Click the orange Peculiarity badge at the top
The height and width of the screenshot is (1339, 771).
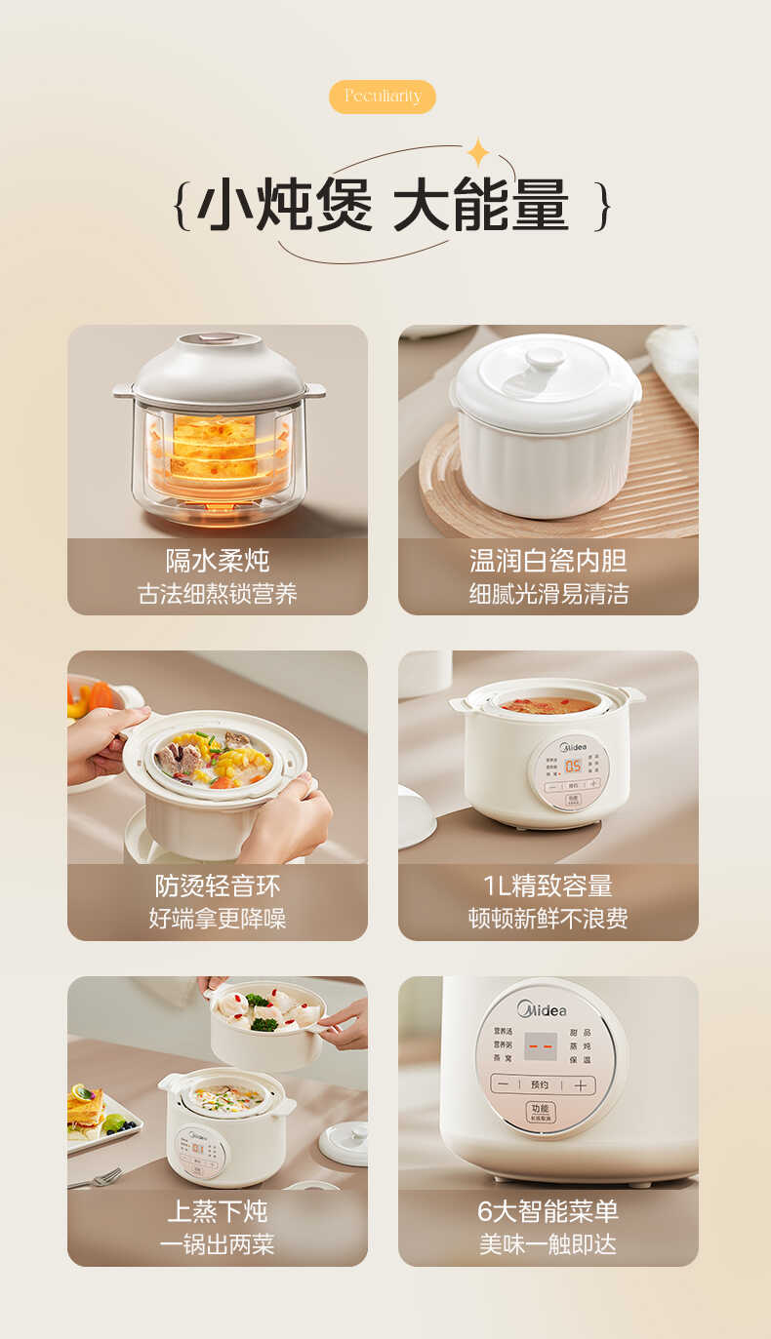pos(382,96)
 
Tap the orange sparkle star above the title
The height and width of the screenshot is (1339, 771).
pos(478,153)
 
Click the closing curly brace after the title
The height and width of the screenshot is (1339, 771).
pos(604,206)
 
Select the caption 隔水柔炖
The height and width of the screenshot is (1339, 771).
pos(217,561)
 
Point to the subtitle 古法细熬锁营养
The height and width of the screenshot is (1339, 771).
pos(217,594)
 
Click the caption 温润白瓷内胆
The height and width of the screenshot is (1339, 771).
pos(548,561)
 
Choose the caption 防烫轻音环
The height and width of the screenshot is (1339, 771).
pos(217,886)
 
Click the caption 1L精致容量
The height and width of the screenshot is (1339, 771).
pos(548,886)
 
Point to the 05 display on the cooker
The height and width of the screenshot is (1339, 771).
pos(573,766)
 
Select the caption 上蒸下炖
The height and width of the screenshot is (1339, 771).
pos(217,1211)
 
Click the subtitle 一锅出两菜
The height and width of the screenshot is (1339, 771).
pos(217,1244)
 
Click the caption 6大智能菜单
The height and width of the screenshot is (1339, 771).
pos(548,1211)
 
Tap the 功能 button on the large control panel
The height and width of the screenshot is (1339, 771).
pos(540,1112)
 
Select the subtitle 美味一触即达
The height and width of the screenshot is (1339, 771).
pos(548,1244)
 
